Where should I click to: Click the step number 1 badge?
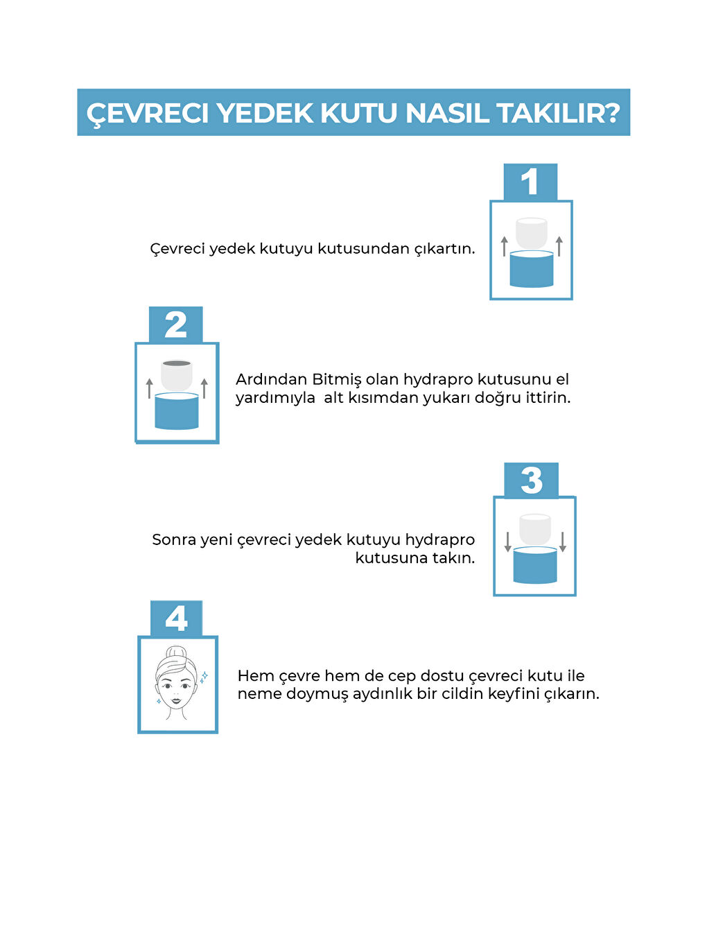[530, 182]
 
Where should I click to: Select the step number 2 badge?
[175, 325]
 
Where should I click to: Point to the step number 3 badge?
[531, 481]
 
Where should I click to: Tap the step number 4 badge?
[176, 618]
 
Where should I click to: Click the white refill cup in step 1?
[532, 233]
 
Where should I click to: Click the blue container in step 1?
[532, 269]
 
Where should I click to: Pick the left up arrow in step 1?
[505, 246]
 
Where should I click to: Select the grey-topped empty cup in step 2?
[177, 375]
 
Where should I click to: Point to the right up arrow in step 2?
[204, 388]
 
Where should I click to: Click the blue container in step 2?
[177, 410]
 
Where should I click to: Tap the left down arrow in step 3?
[507, 542]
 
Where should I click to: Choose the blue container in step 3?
[535, 565]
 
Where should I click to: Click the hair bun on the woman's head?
[176, 655]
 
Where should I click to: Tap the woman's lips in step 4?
[177, 701]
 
